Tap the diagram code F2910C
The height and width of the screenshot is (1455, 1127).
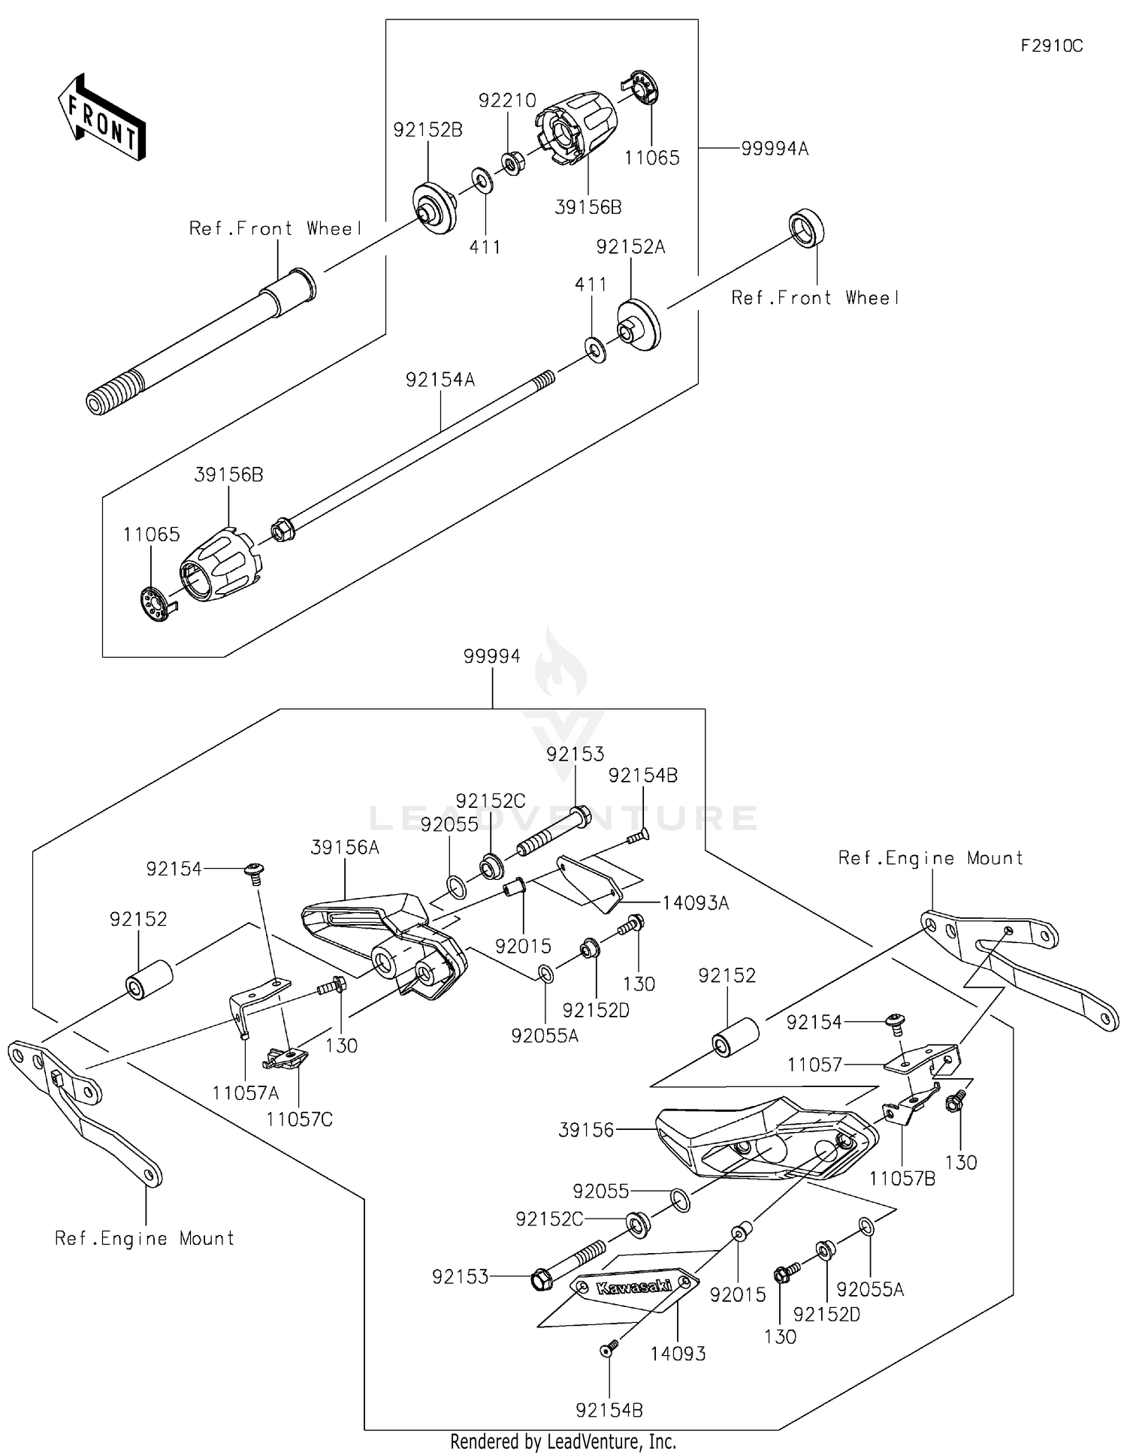1051,47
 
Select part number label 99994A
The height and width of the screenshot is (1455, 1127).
774,149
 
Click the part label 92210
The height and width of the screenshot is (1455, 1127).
507,101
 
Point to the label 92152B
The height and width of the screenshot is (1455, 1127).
428,130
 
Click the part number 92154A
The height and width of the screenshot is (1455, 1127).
440,380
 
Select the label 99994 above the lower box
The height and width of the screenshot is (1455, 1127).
491,656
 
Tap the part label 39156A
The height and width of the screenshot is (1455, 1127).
345,848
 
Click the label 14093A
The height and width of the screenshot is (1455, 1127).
695,903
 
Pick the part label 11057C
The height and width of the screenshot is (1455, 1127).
299,1119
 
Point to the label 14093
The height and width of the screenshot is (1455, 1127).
678,1354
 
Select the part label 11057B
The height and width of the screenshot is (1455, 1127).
902,1179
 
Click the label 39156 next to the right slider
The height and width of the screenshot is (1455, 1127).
586,1130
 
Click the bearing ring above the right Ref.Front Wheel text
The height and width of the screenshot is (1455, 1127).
806,227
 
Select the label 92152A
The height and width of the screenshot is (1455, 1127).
630,247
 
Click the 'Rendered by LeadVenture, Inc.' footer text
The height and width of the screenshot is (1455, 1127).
563,1442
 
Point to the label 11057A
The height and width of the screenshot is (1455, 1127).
245,1093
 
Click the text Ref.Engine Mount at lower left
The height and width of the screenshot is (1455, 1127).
144,1238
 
